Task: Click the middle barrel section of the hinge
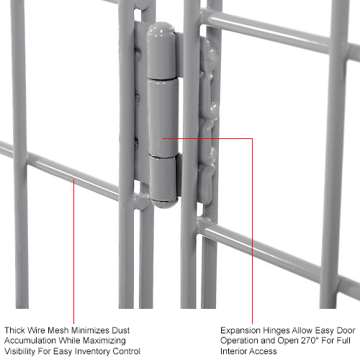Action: pyautogui.click(x=163, y=108)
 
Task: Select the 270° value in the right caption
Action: pyautogui.click(x=296, y=341)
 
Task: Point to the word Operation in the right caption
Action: pyautogui.click(x=241, y=341)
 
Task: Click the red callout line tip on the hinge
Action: pyautogui.click(x=165, y=138)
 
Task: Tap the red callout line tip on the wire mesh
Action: pyautogui.click(x=74, y=180)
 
